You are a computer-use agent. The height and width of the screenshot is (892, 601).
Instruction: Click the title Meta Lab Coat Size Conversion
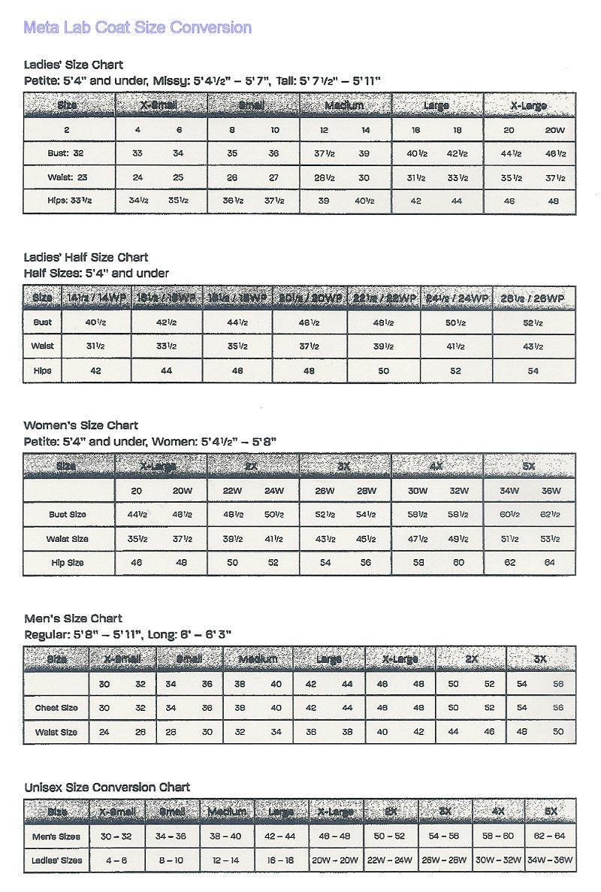pyautogui.click(x=137, y=28)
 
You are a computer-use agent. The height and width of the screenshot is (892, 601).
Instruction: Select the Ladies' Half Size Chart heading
pyautogui.click(x=86, y=257)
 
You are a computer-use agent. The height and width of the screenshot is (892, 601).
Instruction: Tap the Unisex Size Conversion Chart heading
pyautogui.click(x=107, y=787)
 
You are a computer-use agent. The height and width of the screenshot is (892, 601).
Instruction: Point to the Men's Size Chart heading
pyautogui.click(x=73, y=618)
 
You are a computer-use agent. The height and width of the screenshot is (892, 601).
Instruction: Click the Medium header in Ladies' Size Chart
pyautogui.click(x=345, y=106)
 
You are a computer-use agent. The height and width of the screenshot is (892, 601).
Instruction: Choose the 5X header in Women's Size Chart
pyautogui.click(x=529, y=466)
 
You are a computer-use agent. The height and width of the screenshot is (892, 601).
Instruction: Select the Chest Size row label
pyautogui.click(x=56, y=708)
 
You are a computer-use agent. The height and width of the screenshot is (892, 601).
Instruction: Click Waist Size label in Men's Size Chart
pyautogui.click(x=56, y=732)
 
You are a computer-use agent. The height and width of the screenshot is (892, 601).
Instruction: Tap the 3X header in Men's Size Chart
pyautogui.click(x=539, y=659)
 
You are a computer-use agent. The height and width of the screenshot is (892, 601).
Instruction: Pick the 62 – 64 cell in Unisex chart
pyautogui.click(x=550, y=836)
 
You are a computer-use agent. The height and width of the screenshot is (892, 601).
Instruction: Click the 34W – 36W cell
pyautogui.click(x=550, y=860)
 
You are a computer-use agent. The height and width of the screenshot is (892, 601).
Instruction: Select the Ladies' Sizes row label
pyautogui.click(x=57, y=860)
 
